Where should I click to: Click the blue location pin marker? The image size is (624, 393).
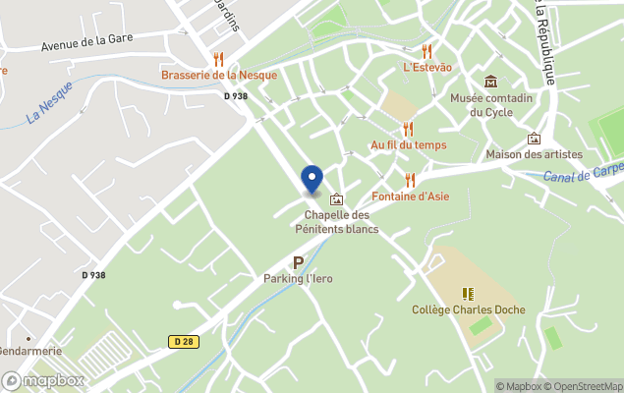pos(312,179)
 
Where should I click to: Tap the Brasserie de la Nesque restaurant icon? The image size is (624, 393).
pos(219,59)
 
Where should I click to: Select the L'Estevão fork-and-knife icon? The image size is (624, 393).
pos(426,51)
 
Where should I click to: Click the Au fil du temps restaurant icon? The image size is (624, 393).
pos(408,129)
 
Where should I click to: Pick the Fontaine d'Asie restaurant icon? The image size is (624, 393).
pos(410,180)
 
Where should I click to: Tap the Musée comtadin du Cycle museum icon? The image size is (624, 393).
pos(490,82)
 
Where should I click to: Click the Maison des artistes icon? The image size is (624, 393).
pos(534,139)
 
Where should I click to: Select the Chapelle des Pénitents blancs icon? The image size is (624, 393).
pos(337,199)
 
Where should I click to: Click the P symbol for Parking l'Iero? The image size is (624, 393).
pos(298,262)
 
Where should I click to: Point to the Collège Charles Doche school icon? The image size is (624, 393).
pos(468,294)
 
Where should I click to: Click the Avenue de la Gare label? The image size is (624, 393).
pos(86,44)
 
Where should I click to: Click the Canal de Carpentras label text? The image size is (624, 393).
pos(583,173)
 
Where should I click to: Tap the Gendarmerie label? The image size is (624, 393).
pos(29,351)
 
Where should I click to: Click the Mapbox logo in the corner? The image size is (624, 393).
pos(43,380)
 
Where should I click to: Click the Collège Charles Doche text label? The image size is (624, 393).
pos(468,309)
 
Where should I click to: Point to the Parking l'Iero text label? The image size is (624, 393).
pos(298,278)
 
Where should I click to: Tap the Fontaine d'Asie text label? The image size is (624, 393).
pos(410,196)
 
